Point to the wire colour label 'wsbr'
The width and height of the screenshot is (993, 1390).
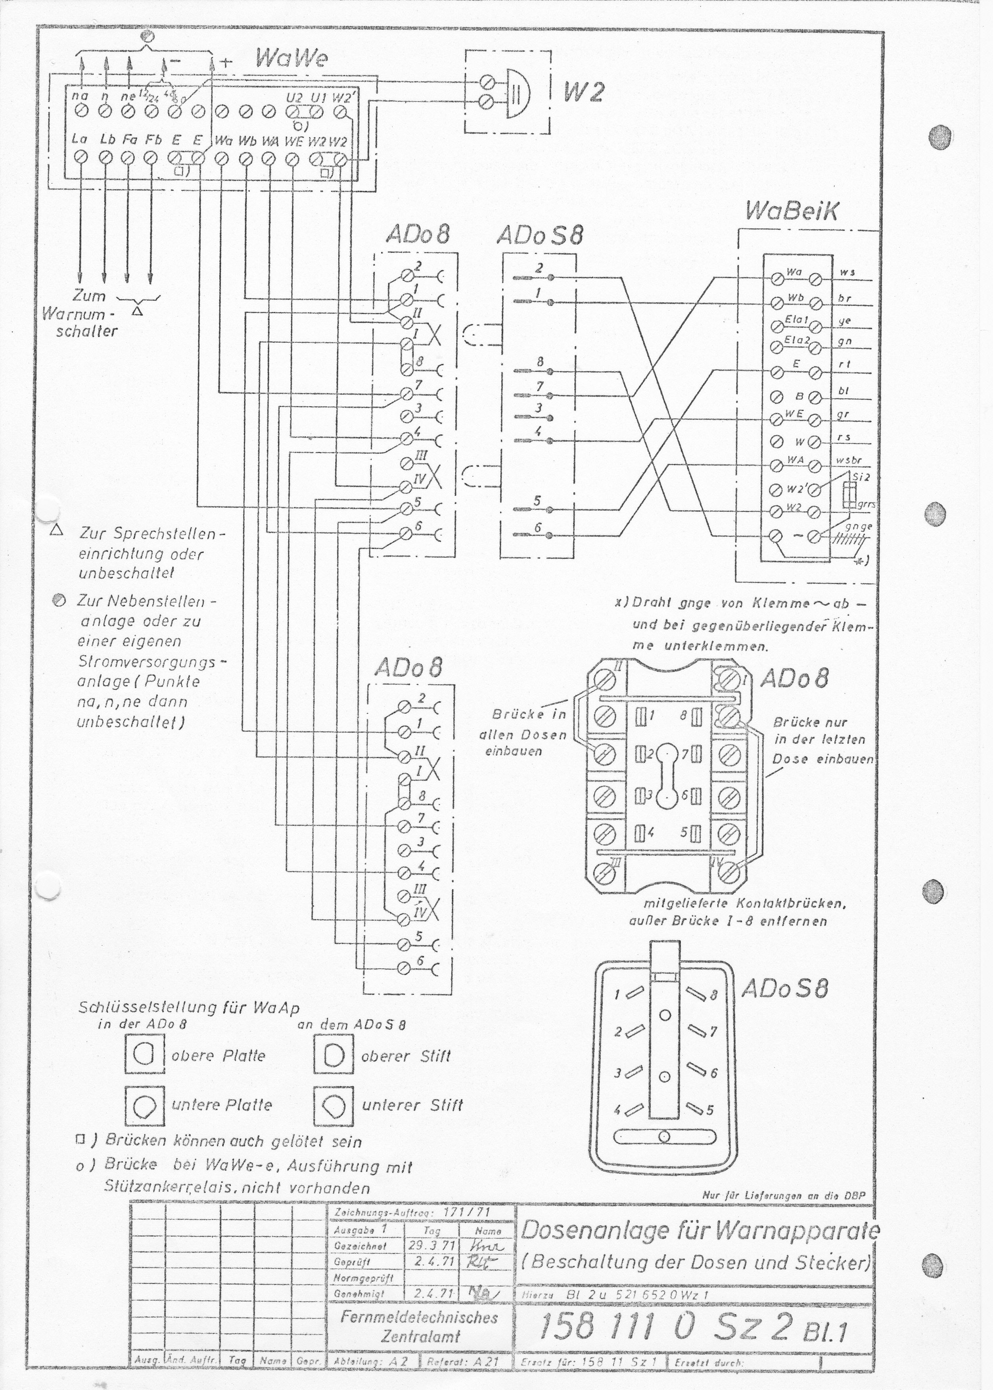[849, 460]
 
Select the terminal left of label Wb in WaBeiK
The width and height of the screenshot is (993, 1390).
[776, 303]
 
